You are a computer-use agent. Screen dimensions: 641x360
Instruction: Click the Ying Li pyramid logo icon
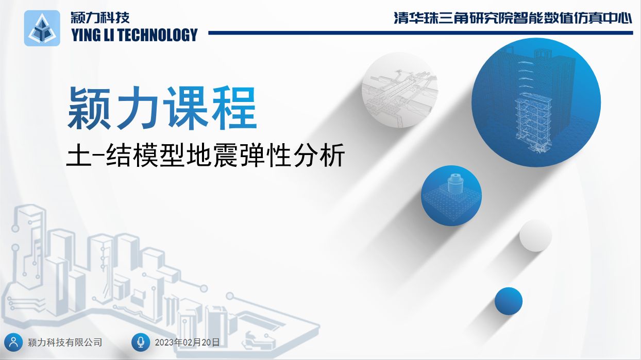point(42,28)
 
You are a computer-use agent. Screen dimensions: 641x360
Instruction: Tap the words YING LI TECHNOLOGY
point(134,35)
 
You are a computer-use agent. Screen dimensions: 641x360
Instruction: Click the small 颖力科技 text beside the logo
point(100,18)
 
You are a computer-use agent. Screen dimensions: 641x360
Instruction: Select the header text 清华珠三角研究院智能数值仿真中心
point(513,18)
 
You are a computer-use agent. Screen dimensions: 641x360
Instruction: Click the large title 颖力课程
point(162,108)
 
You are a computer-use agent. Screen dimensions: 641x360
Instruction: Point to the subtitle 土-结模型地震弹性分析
point(206,155)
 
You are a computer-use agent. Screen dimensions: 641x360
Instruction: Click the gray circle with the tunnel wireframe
point(400,90)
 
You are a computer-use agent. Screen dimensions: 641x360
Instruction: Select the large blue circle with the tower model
point(536,102)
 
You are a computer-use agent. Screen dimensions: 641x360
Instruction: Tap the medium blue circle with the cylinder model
point(451,196)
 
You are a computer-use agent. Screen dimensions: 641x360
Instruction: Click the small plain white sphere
point(536,235)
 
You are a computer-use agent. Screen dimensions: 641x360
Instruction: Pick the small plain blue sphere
point(509,301)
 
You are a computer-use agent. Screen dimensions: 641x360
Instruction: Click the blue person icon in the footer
point(13,342)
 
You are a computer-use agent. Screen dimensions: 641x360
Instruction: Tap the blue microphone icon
point(141,342)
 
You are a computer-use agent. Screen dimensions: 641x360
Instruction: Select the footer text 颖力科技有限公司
point(65,342)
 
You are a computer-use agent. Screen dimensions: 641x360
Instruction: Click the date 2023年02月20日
point(187,342)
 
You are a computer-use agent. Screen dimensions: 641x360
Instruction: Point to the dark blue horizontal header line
point(420,33)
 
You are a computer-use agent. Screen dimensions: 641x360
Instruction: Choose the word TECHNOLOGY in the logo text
point(157,35)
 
